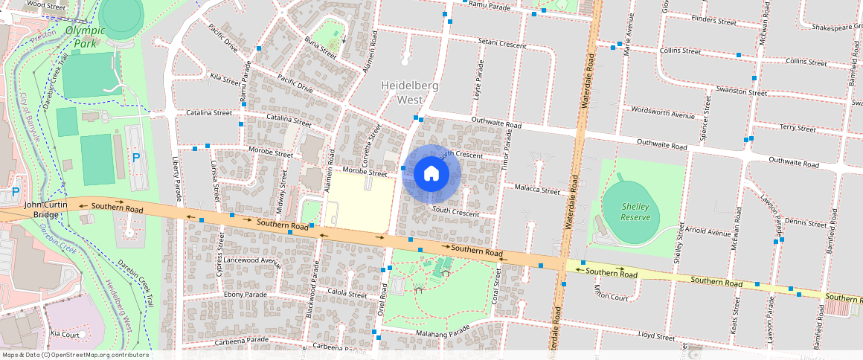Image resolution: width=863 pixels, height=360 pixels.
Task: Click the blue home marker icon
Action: tap(431, 174)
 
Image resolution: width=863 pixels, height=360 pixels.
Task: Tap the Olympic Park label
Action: tap(85, 37)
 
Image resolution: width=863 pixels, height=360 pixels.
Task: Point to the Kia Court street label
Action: tap(65, 335)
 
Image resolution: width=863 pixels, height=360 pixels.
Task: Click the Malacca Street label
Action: tap(537, 190)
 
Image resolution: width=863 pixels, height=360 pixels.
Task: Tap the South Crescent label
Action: tap(456, 212)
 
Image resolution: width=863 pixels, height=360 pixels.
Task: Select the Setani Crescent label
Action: tap(501, 45)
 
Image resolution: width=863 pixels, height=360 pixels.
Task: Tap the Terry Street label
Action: tap(798, 128)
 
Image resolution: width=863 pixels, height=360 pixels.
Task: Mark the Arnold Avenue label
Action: tap(708, 231)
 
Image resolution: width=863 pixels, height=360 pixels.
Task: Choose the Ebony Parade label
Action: tap(245, 295)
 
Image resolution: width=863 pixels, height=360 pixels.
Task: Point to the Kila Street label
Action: tap(221, 77)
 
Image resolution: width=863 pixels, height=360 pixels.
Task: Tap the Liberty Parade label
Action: tap(177, 179)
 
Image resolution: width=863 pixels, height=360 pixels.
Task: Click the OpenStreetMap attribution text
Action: tap(75, 355)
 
